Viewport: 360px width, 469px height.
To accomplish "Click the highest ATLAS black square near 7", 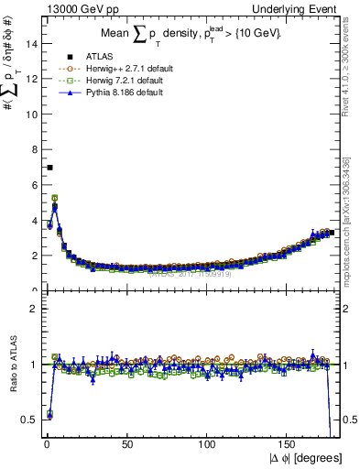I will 49,167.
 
